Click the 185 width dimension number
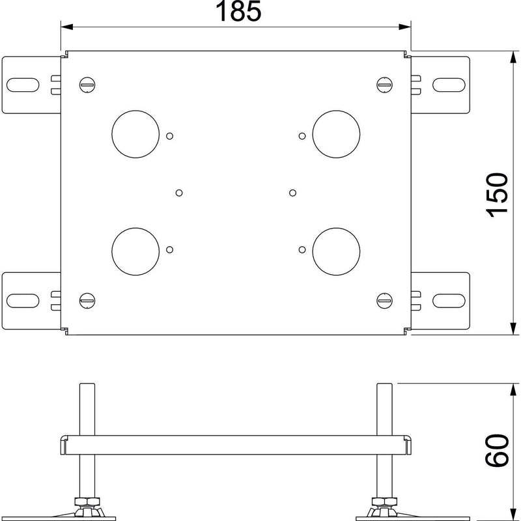tap(238, 11)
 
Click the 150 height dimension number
tap(497, 195)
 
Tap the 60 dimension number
tap(497, 450)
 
